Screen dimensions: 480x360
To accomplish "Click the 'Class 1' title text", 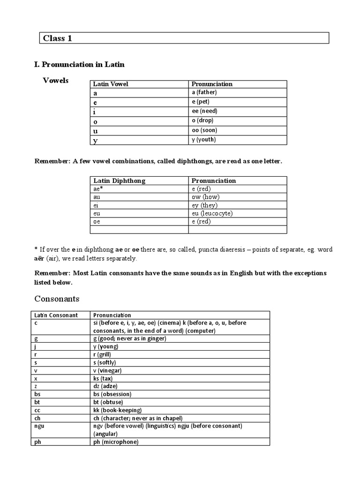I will tap(58, 38).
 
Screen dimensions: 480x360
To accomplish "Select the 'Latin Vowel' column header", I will tap(111, 84).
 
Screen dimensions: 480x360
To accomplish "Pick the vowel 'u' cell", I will tap(96, 131).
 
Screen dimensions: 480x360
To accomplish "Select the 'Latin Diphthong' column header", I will tap(119, 180).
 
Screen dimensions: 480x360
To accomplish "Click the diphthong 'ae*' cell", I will tap(98, 189).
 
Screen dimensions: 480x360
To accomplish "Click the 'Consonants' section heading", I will tap(57, 299).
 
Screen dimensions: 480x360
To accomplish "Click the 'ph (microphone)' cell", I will tap(116, 442).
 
